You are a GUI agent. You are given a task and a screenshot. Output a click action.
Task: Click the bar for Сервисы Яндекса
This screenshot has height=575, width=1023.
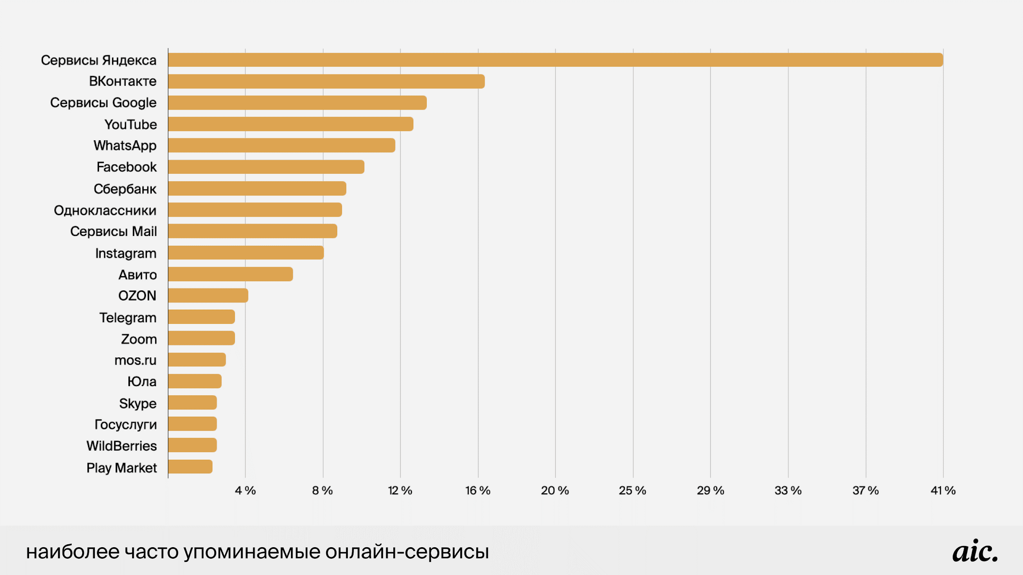click(555, 60)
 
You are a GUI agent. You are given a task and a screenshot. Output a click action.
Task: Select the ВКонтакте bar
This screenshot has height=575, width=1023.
click(326, 81)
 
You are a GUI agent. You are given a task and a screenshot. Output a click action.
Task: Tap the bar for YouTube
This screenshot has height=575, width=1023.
click(291, 124)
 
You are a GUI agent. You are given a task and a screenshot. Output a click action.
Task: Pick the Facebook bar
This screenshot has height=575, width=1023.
click(266, 167)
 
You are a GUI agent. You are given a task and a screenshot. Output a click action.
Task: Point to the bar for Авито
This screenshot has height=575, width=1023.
click(230, 274)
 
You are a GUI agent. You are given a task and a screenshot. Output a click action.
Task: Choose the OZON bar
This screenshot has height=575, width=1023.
click(208, 295)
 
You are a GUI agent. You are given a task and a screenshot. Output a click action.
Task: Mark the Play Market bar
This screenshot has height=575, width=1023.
click(190, 467)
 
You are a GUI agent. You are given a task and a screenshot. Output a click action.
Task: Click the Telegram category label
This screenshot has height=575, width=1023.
click(128, 318)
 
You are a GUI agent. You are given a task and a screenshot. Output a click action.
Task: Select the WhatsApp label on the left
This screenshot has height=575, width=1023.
click(125, 146)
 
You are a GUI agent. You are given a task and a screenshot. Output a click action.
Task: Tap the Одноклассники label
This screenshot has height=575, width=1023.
click(105, 210)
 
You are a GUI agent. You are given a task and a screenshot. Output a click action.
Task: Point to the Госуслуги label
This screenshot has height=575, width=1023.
click(125, 425)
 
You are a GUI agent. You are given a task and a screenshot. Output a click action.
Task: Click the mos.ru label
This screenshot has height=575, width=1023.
click(135, 360)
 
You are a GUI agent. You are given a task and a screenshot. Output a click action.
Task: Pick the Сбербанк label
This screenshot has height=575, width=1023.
click(125, 189)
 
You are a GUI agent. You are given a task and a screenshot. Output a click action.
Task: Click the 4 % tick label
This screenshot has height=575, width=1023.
click(245, 490)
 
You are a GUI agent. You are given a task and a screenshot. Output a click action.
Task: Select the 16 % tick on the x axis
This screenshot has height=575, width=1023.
click(478, 490)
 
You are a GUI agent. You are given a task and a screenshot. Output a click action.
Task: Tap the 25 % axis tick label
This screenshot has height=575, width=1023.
click(632, 490)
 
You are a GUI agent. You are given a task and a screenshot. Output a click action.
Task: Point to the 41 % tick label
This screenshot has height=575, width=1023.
click(943, 490)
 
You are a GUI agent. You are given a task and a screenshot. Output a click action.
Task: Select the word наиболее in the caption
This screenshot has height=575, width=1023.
click(73, 552)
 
